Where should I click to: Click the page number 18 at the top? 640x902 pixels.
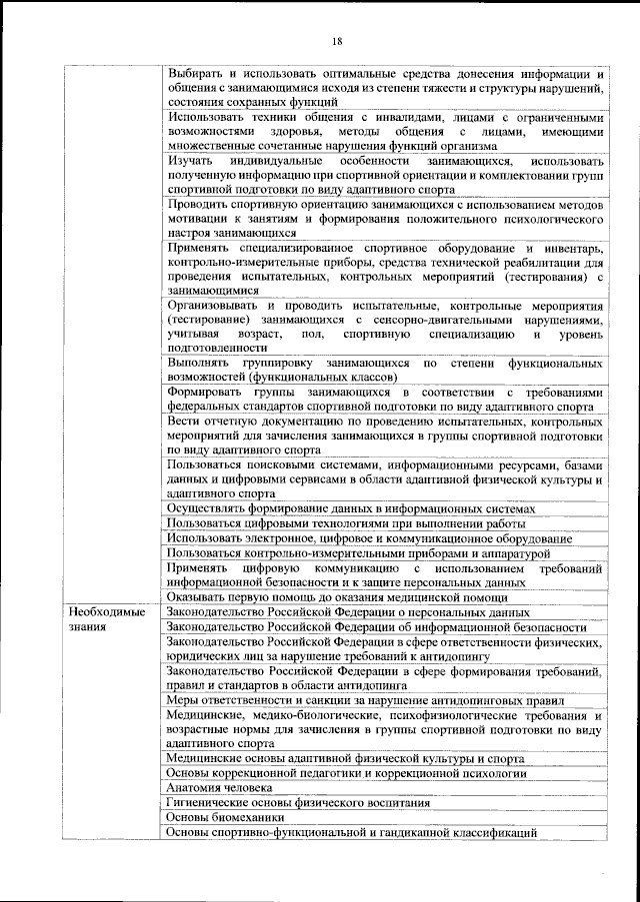[x=337, y=40]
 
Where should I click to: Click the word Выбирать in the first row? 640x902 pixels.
[x=195, y=74]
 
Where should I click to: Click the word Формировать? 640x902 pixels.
[x=207, y=393]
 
